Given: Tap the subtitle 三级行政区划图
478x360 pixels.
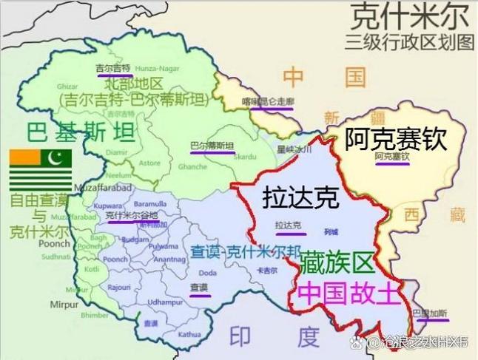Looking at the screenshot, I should click(413, 41).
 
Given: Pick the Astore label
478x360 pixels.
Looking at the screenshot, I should click(149, 162).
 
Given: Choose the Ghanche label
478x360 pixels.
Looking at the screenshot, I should click(194, 167).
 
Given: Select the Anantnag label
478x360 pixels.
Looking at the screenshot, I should click(169, 259).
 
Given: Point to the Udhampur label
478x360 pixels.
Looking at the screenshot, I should click(164, 302).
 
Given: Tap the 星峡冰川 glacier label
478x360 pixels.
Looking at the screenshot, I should click(292, 149).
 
